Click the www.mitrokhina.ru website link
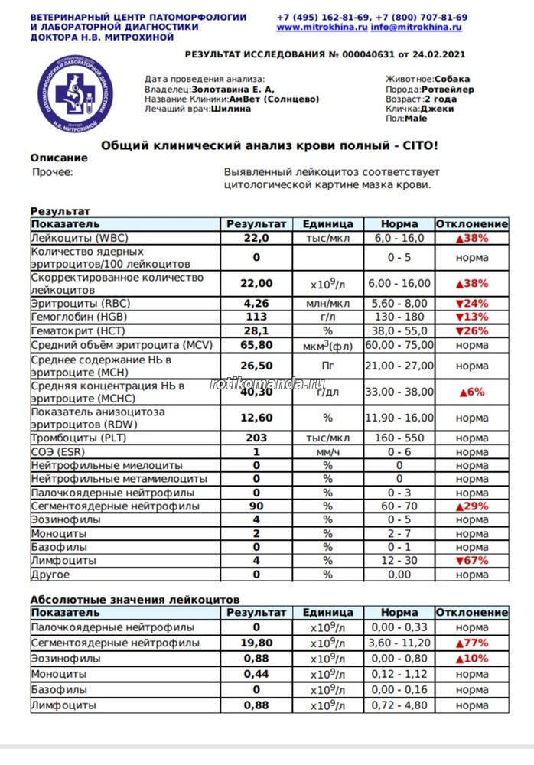tap(321, 27)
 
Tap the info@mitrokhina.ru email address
tap(417, 27)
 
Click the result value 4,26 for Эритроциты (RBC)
tap(256, 303)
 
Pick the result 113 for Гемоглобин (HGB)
tap(256, 317)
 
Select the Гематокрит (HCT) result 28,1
tap(256, 330)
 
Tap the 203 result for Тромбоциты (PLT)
tap(256, 438)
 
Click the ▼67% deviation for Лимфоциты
tap(472, 560)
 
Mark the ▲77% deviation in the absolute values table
tap(472, 643)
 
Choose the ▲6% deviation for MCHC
tap(472, 392)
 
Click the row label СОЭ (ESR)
tap(57, 451)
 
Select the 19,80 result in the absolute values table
tap(256, 643)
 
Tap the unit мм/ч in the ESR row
tap(327, 451)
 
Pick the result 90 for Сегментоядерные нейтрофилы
tap(256, 506)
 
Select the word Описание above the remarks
tap(59, 158)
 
